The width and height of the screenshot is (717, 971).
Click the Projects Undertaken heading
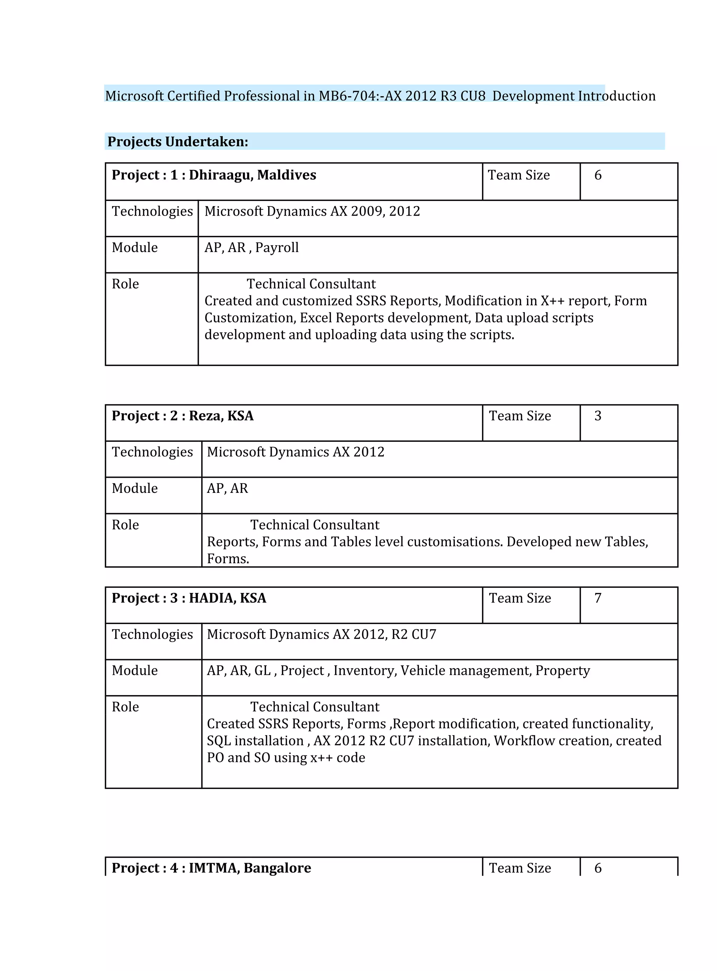click(177, 142)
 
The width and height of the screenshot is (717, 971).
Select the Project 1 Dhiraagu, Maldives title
click(214, 175)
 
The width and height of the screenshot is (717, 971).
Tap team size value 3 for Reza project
click(598, 415)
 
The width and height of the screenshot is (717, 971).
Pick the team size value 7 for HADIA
click(598, 598)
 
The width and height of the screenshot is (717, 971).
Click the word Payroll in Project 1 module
click(277, 247)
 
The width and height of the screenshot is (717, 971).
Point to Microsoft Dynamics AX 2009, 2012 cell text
click(312, 211)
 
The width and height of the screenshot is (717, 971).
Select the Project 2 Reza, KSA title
click(182, 415)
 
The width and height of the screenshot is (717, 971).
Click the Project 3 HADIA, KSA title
click(189, 598)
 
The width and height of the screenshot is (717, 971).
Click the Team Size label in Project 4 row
click(520, 868)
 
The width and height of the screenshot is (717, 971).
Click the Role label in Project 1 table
click(125, 284)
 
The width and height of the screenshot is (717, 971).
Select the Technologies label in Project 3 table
click(152, 634)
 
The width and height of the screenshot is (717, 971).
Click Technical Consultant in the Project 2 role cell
click(315, 525)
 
